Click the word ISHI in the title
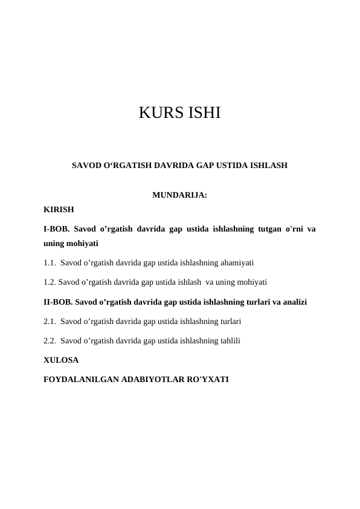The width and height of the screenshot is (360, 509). tap(202, 112)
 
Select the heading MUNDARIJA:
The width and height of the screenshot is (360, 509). tap(180, 195)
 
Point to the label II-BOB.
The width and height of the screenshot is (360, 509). tap(59, 301)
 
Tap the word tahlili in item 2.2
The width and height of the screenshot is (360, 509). tap(229, 340)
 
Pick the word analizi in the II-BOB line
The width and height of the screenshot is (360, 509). tap(292, 301)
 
